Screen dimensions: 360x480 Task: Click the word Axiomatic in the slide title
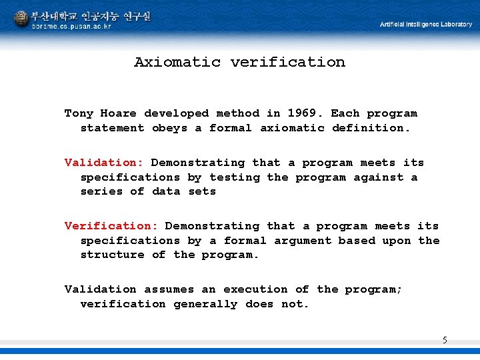[x=177, y=62]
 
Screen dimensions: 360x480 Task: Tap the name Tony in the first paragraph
[x=79, y=113]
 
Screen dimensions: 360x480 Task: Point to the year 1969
[x=302, y=113]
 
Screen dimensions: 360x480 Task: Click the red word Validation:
[x=104, y=163]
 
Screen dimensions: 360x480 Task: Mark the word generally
[x=205, y=304]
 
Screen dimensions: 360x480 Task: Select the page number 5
[x=445, y=341]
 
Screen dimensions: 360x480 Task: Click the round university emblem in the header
[x=21, y=18]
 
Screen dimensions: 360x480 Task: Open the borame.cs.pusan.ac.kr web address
[x=72, y=27]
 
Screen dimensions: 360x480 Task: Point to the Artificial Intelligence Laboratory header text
[x=425, y=25]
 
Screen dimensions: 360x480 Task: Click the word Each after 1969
[x=345, y=113]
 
